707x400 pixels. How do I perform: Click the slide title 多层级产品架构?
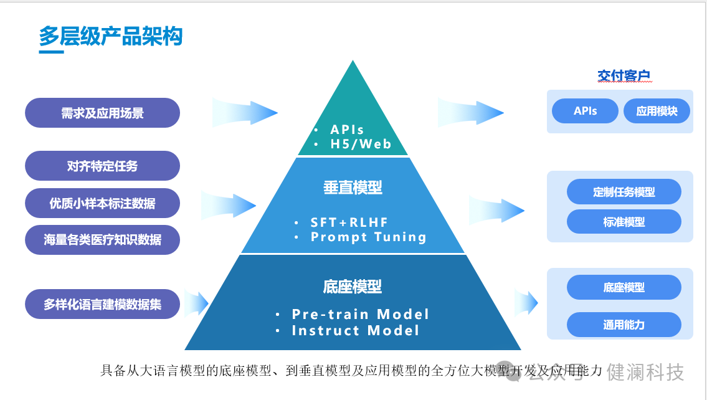coord(110,36)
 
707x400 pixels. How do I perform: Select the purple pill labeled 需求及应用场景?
coord(102,113)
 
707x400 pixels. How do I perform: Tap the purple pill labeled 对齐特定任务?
coord(102,166)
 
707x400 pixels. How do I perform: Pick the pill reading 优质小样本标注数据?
coord(102,203)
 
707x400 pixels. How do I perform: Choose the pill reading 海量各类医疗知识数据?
coord(102,240)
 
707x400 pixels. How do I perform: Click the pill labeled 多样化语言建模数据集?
coord(102,305)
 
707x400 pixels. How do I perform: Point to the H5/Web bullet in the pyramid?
coord(361,145)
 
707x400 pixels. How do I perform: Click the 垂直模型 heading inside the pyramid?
coord(353,187)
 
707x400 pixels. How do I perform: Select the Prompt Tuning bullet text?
coord(368,237)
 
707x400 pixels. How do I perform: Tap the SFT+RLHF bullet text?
coord(349,222)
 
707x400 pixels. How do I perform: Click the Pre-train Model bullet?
coord(360,314)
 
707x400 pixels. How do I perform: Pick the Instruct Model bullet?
coord(355,331)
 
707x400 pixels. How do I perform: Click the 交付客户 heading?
coord(624,76)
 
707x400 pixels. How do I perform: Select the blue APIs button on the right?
coord(585,111)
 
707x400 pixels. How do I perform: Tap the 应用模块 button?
coord(657,111)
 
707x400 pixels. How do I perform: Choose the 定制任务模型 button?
coord(624,191)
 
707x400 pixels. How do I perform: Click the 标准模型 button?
coord(624,222)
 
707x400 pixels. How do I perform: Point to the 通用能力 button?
coord(624,325)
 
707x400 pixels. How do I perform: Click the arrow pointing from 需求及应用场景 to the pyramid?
coord(244,113)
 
